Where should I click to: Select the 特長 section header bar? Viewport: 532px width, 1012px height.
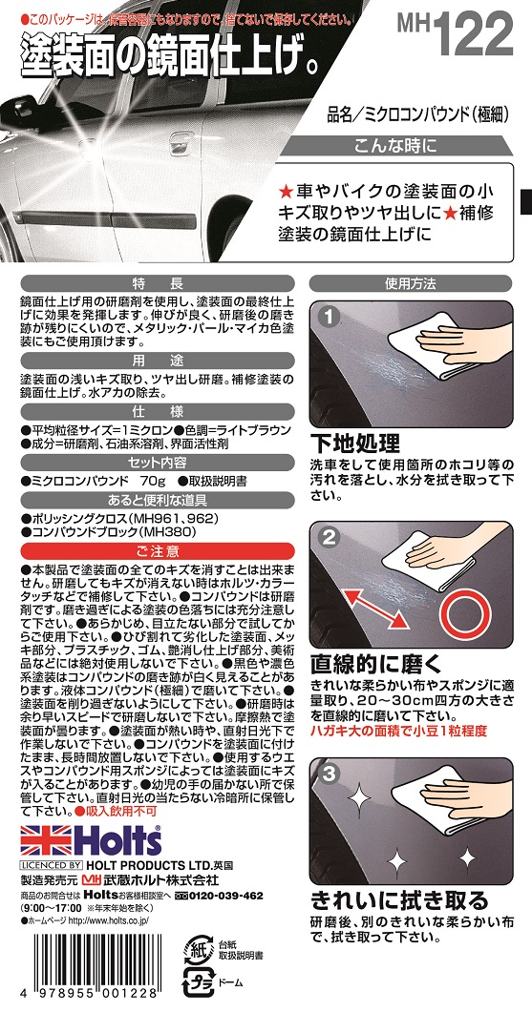(x=154, y=283)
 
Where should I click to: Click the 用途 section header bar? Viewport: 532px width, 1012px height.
(x=154, y=362)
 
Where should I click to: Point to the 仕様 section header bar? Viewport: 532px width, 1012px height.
(x=154, y=410)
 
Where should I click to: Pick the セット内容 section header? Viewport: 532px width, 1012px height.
(x=154, y=461)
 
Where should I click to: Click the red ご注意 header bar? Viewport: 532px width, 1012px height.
(x=154, y=550)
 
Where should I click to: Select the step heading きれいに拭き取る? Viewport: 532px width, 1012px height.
(x=399, y=900)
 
